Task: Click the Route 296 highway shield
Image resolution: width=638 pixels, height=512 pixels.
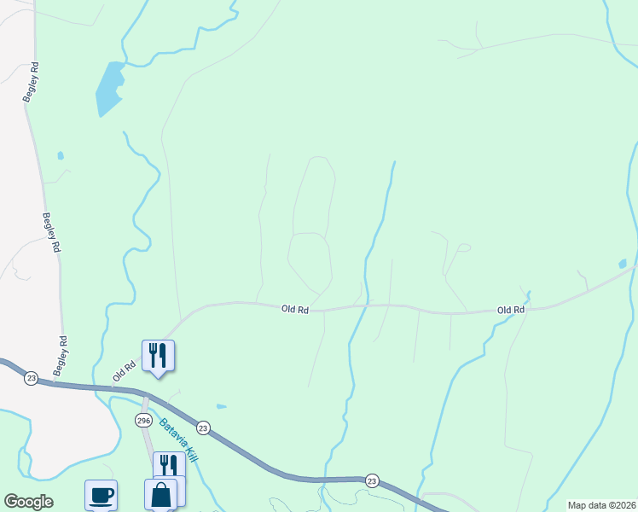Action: (142, 421)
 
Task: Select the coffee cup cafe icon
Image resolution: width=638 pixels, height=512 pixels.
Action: (101, 495)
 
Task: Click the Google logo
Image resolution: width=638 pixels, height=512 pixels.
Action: (28, 502)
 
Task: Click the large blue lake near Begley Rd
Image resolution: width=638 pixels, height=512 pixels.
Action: (109, 89)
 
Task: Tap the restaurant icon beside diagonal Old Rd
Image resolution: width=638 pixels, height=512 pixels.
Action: (158, 355)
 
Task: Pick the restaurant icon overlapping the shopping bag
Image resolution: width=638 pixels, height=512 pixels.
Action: (169, 466)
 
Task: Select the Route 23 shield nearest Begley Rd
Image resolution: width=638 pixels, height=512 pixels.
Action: (31, 378)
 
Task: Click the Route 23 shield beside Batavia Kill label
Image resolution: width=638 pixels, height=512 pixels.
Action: (202, 428)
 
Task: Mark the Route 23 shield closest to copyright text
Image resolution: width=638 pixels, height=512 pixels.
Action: (372, 480)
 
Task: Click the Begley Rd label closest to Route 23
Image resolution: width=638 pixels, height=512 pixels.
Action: (61, 357)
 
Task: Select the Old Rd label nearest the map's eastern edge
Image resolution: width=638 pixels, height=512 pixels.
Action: (510, 310)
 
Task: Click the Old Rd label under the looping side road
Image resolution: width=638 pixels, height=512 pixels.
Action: (294, 309)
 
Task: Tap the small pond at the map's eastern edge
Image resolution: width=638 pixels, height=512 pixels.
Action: (623, 264)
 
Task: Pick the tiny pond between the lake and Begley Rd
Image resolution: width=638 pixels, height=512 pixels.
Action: (59, 156)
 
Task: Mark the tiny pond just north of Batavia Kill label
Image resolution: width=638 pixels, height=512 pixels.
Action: (222, 406)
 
